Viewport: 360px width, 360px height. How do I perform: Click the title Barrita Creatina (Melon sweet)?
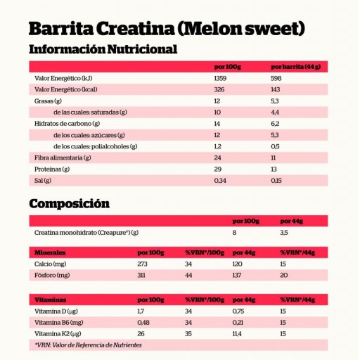[167, 29]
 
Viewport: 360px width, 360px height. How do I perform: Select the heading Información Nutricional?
[103, 49]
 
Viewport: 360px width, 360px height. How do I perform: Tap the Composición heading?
[69, 204]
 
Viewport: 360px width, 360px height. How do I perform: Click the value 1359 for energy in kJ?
[221, 78]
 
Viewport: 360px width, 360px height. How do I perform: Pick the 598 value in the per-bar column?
[276, 78]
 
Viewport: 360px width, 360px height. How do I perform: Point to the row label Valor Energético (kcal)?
[65, 89]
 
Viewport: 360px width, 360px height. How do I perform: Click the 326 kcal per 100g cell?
[219, 89]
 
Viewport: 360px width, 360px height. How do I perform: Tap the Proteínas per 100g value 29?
[217, 169]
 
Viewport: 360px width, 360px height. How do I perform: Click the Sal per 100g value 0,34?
[219, 181]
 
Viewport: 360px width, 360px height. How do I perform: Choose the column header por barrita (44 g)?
[295, 67]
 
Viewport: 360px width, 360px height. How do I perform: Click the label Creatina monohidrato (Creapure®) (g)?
[86, 232]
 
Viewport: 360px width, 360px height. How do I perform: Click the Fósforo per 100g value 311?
[143, 274]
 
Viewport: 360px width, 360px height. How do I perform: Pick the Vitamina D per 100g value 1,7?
[141, 311]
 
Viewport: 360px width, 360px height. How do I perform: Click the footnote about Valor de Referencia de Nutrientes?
[88, 345]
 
